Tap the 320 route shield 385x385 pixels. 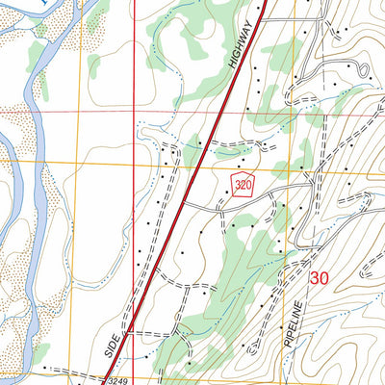(x=242, y=186)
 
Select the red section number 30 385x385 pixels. (x=321, y=277)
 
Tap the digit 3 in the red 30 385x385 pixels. (x=316, y=277)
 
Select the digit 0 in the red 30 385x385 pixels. (x=327, y=277)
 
